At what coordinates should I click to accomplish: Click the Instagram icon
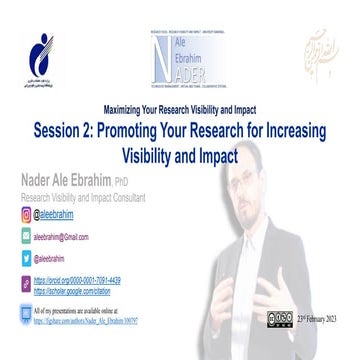click(26, 214)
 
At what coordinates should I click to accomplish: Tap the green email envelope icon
click(26, 237)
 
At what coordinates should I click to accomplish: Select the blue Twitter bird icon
click(26, 259)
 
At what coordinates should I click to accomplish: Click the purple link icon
click(26, 285)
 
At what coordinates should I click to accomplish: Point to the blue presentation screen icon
click(26, 315)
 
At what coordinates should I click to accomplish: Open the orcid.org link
click(77, 281)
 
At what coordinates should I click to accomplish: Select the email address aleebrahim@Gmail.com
click(62, 237)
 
